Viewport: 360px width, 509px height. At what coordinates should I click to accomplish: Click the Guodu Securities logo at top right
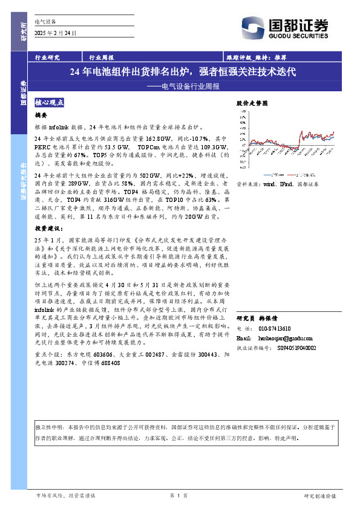(x=298, y=27)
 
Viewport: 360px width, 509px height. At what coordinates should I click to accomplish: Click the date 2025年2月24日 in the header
(x=57, y=33)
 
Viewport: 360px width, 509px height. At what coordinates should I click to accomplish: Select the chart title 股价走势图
(x=251, y=103)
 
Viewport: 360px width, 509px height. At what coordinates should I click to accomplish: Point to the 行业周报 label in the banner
(x=102, y=57)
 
